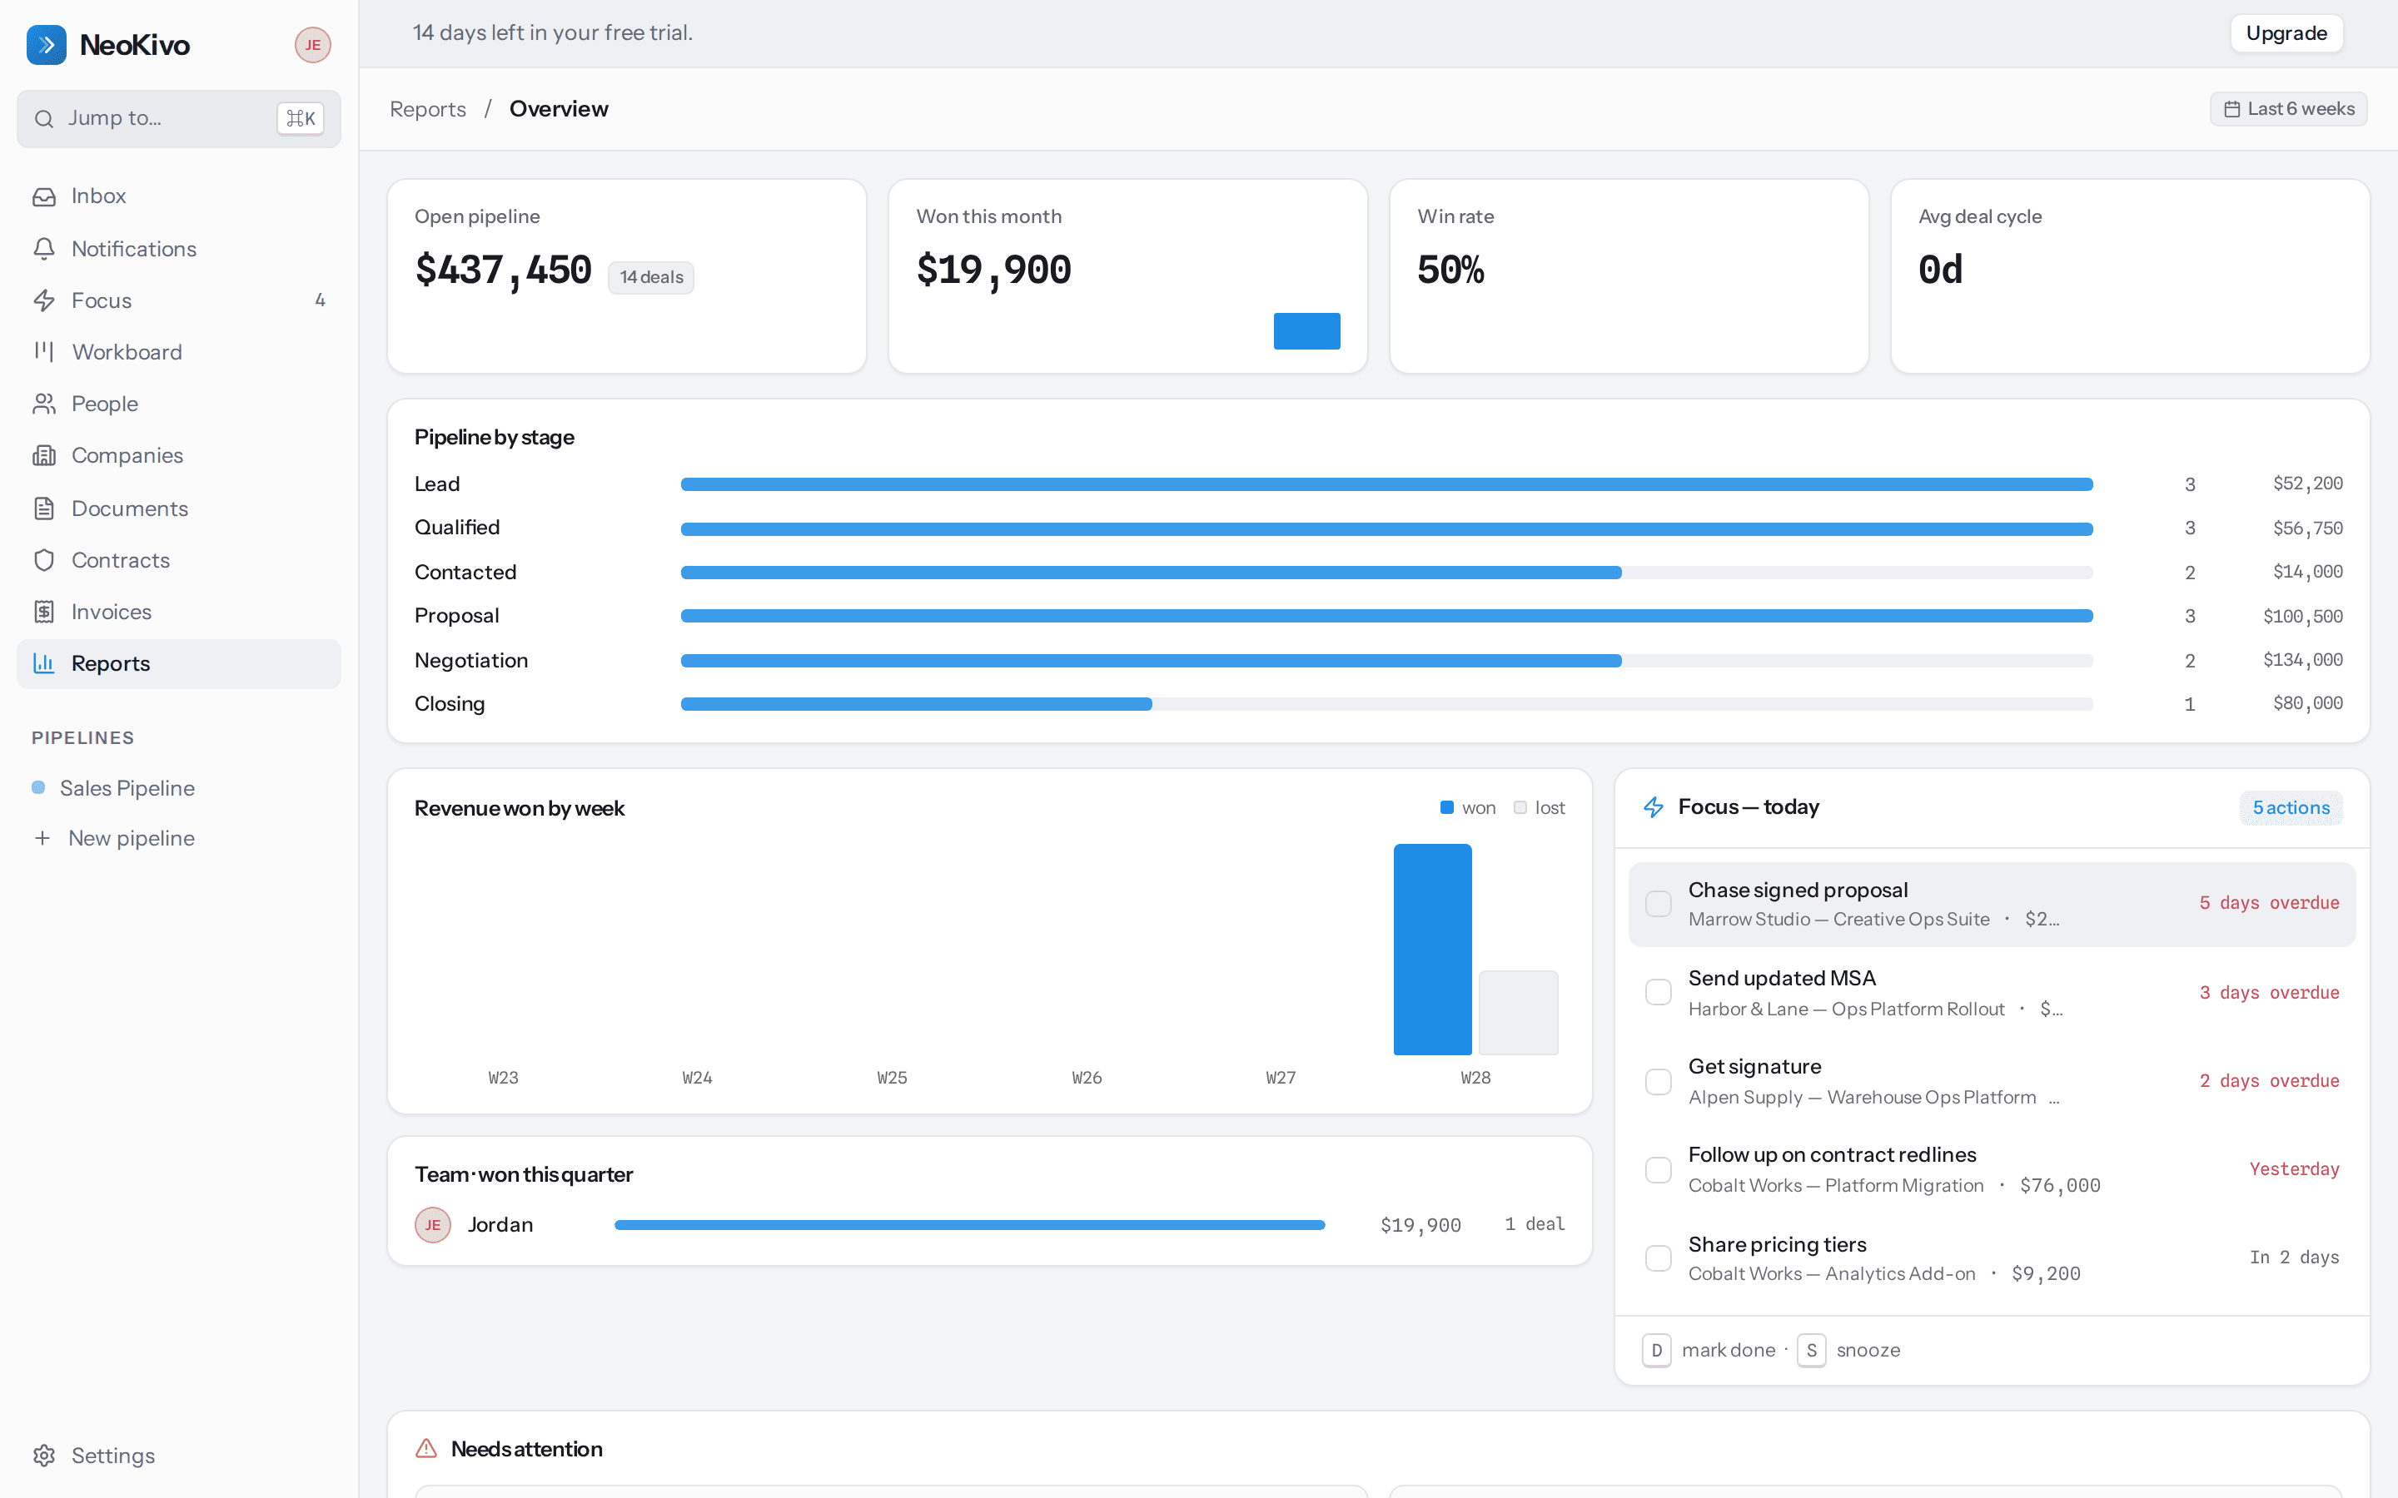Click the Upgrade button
pyautogui.click(x=2286, y=33)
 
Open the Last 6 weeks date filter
pyautogui.click(x=2288, y=109)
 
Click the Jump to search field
pyautogui.click(x=178, y=119)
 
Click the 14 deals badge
pyautogui.click(x=651, y=277)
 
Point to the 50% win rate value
pyautogui.click(x=1450, y=270)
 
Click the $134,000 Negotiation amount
pyautogui.click(x=2303, y=660)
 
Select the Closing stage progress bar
pyautogui.click(x=1386, y=704)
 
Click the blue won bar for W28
pyautogui.click(x=1432, y=949)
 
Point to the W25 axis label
pyautogui.click(x=892, y=1078)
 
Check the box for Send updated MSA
pyautogui.click(x=1658, y=993)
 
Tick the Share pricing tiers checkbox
pyautogui.click(x=1658, y=1258)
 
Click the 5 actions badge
pyautogui.click(x=2291, y=808)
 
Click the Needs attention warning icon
pyautogui.click(x=426, y=1448)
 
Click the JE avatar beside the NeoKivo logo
pyautogui.click(x=313, y=45)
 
